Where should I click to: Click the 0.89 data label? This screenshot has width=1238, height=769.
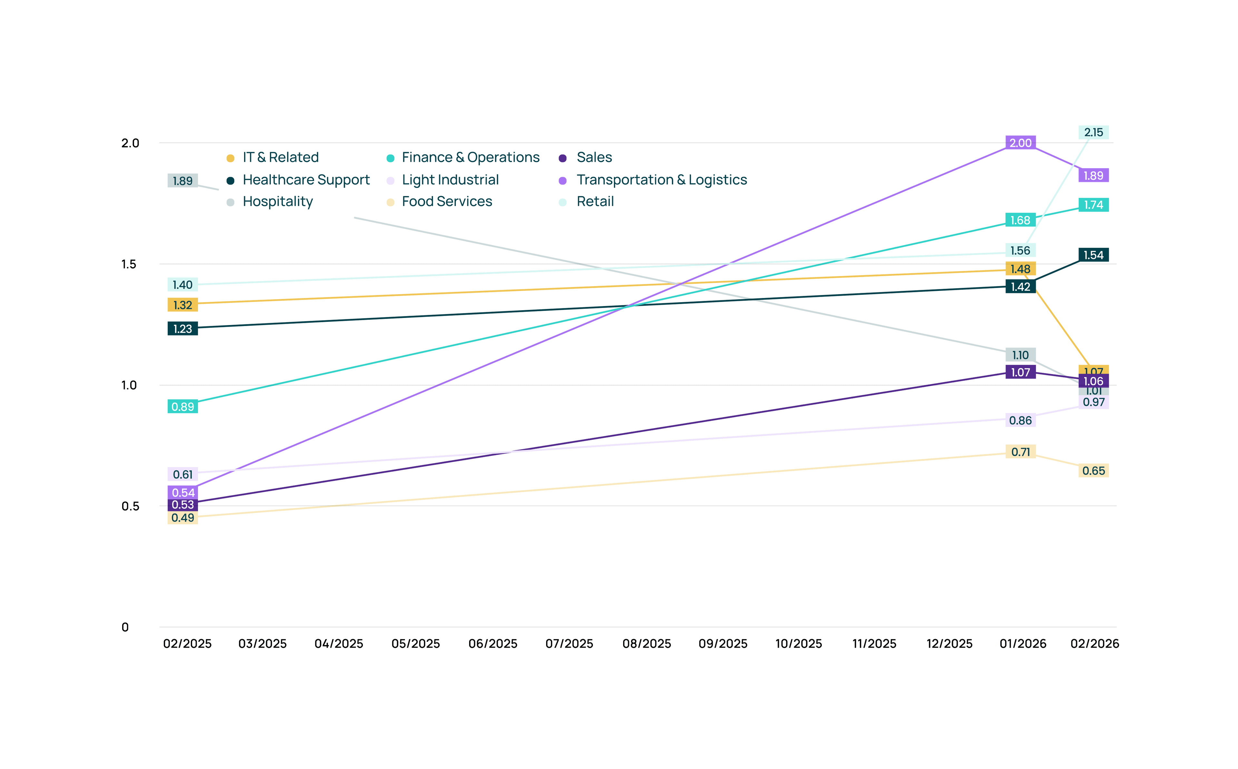(x=183, y=407)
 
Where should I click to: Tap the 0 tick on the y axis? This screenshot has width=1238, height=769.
(x=125, y=628)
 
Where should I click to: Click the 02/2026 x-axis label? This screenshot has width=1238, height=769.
(x=1095, y=644)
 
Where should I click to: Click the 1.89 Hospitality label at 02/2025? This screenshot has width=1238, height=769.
(x=183, y=181)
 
